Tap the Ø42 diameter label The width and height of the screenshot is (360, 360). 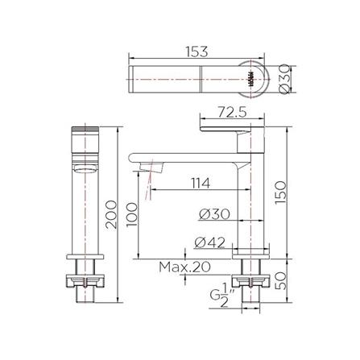[x=213, y=241]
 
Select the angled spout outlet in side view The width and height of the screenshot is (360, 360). [x=151, y=167]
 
